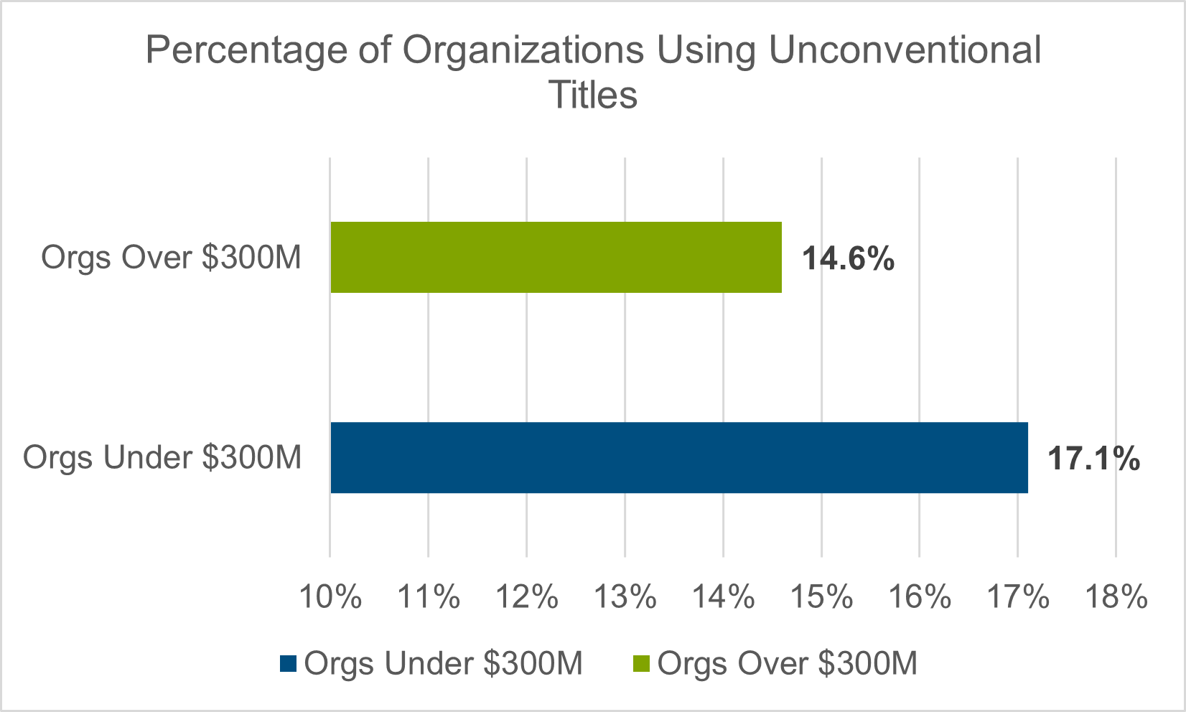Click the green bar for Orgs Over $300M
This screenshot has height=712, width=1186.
556,257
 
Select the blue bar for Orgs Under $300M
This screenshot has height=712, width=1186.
678,457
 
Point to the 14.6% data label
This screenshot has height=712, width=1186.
848,258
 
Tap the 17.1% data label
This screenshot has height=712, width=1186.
1093,459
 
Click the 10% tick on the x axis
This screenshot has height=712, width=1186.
330,596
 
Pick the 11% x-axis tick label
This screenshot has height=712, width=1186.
429,596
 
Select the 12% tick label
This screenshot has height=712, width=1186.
527,596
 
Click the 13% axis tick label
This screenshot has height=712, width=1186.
625,596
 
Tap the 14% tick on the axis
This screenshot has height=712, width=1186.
724,596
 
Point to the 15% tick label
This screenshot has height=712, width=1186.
822,596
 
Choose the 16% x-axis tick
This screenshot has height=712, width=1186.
920,596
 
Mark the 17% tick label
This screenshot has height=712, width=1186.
1019,596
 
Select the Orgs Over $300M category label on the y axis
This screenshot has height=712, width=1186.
171,257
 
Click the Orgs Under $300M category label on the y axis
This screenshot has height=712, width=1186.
162,457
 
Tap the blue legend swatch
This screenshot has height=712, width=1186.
288,664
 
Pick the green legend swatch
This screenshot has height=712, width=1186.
641,664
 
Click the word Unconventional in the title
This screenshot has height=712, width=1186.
904,50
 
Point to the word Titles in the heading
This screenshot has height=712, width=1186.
593,95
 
